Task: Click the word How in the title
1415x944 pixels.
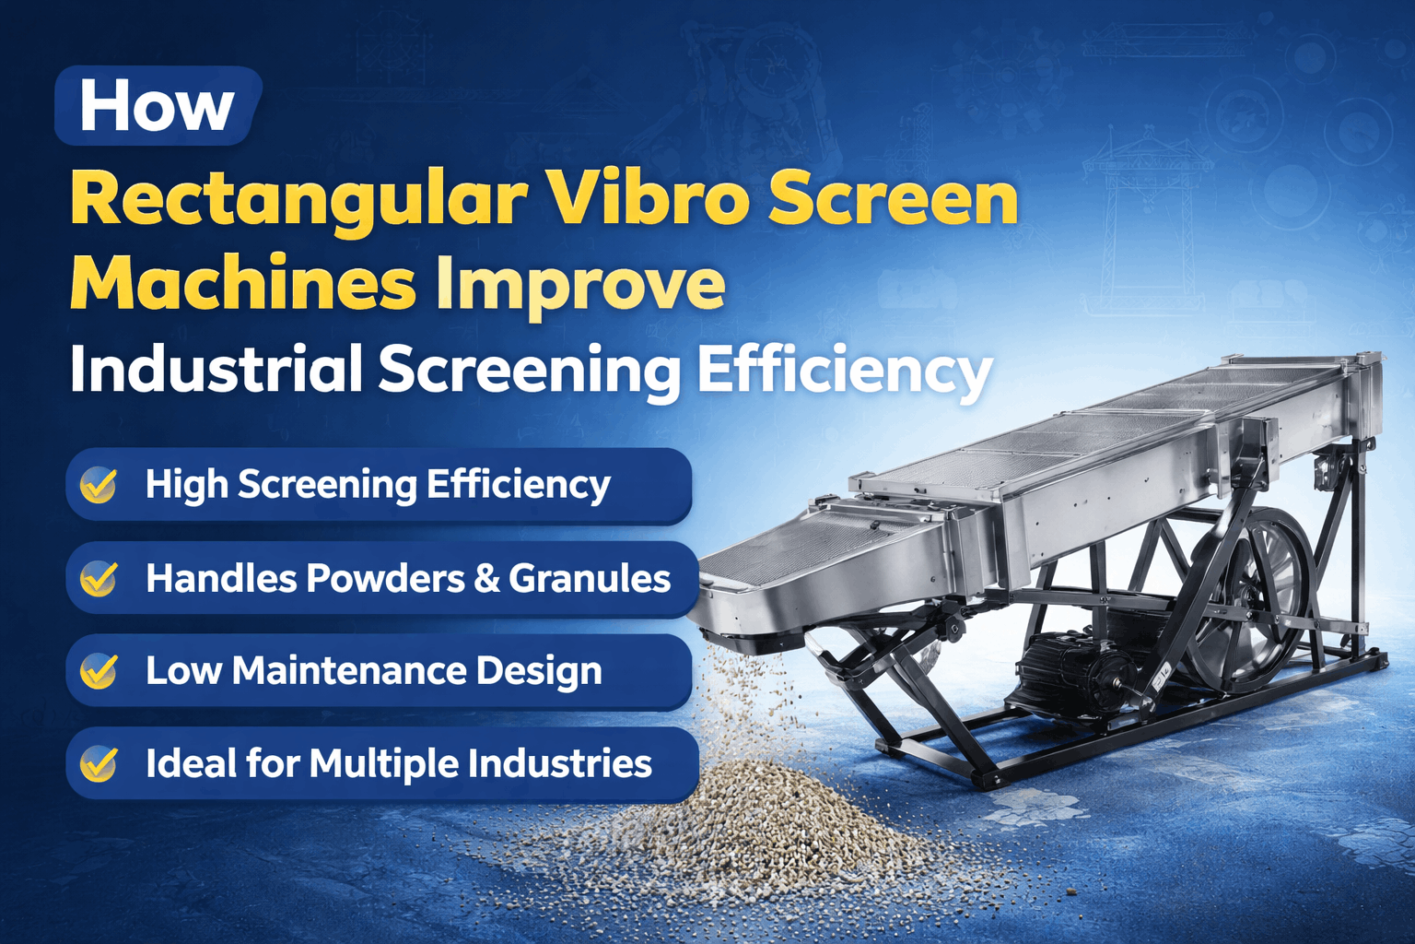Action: (x=157, y=107)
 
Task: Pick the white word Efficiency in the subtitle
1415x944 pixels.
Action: (x=843, y=371)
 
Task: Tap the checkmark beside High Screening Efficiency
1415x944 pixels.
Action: (x=99, y=485)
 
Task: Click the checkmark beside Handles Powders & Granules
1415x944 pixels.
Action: (x=99, y=579)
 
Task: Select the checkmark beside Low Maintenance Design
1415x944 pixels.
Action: (x=99, y=671)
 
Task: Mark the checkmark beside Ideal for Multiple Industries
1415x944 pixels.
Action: (x=99, y=764)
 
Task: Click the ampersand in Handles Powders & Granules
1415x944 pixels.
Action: (x=486, y=579)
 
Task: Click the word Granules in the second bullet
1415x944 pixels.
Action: (x=590, y=579)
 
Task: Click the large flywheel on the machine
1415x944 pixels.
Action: (x=1248, y=599)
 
